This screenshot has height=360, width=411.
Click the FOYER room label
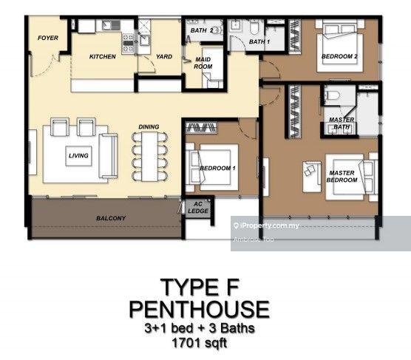(x=48, y=38)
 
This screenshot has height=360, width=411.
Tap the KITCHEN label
(x=103, y=57)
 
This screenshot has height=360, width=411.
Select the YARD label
(x=164, y=57)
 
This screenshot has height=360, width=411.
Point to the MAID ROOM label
(x=203, y=63)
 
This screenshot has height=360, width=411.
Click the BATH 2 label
(x=202, y=30)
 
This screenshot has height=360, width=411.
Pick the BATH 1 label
(x=259, y=41)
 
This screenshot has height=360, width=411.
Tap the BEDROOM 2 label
(x=339, y=56)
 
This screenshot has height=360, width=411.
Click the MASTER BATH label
(x=342, y=123)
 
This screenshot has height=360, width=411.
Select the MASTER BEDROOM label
(x=342, y=177)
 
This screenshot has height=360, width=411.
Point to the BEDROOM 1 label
(x=217, y=169)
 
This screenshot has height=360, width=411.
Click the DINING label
(x=149, y=127)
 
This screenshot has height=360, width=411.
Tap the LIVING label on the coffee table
(x=78, y=156)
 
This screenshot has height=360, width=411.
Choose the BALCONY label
(x=111, y=218)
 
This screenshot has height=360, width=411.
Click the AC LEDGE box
(x=198, y=208)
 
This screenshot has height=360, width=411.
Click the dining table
(x=149, y=156)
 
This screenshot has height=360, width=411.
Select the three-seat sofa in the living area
(x=108, y=156)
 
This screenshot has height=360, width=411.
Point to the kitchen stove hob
(x=128, y=43)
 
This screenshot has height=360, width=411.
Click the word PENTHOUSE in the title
(x=199, y=310)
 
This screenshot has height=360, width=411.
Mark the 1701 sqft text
(x=199, y=343)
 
